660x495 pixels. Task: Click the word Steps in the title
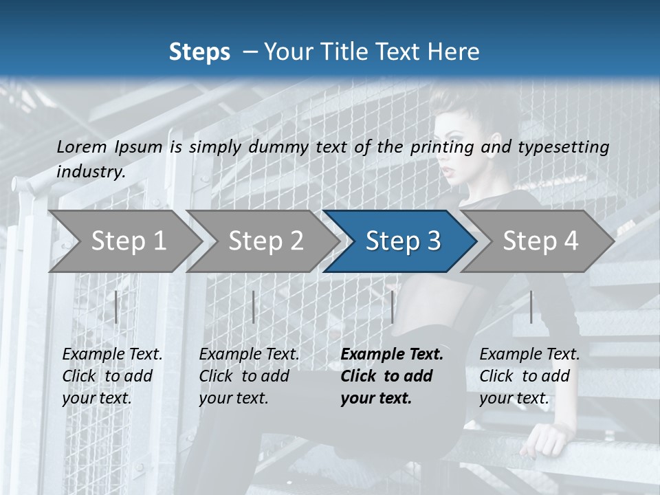click(199, 52)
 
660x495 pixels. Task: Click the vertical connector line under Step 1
click(116, 307)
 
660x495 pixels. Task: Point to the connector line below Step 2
click(254, 307)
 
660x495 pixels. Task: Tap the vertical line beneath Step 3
click(393, 307)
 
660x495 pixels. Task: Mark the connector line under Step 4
click(531, 307)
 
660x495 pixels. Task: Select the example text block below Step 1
click(112, 375)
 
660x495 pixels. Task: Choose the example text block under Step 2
click(249, 375)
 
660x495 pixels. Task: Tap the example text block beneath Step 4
click(529, 375)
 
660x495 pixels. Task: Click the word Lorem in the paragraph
click(82, 146)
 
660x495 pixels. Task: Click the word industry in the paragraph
click(90, 172)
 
